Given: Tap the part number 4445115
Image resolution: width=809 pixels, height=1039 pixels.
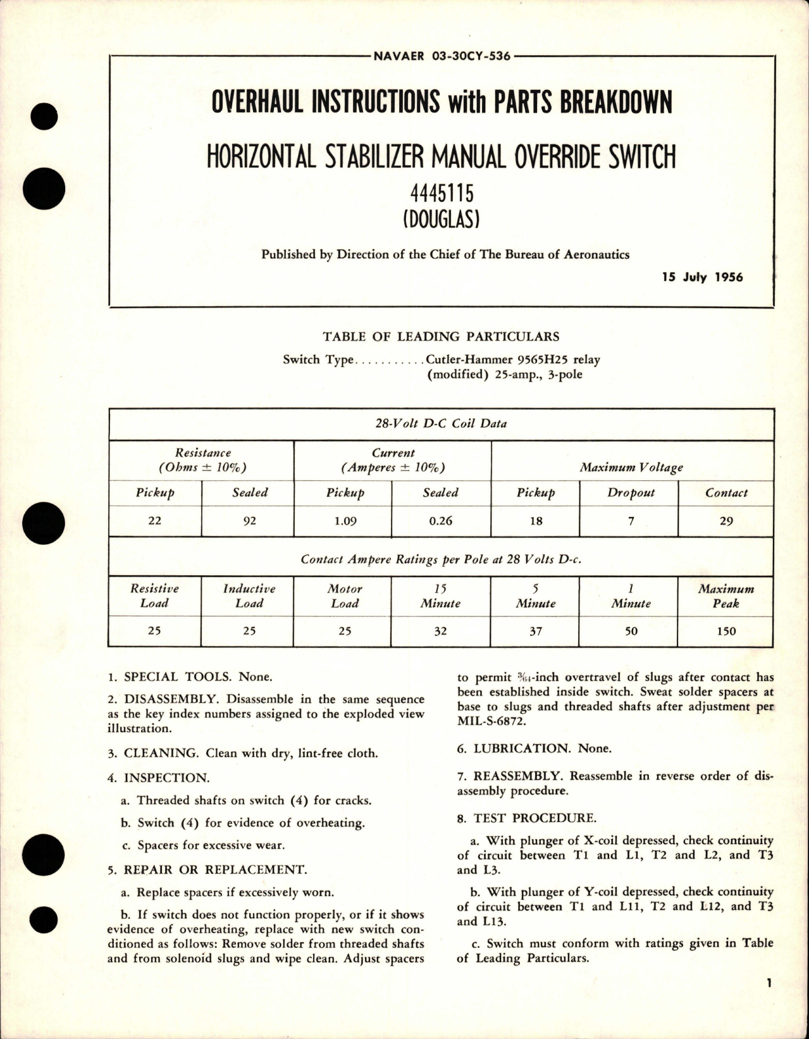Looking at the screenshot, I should click(441, 194).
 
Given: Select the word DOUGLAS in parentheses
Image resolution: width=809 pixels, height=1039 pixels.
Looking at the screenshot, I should click(441, 220).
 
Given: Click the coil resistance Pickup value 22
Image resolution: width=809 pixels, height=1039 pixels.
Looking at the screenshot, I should click(154, 521).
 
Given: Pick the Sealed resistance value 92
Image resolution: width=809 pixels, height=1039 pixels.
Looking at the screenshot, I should click(250, 521).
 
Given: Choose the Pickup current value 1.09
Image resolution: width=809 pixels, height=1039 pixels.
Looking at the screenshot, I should click(345, 521).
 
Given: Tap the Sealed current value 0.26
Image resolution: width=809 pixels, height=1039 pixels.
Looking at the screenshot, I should click(440, 521).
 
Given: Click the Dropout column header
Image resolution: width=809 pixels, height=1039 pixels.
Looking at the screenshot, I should click(631, 492).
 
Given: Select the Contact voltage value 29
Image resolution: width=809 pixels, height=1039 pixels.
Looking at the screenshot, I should click(726, 521).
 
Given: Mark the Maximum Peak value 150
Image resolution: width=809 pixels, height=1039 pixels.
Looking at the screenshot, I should click(726, 631).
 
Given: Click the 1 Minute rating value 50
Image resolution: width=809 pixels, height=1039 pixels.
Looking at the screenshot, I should click(631, 631).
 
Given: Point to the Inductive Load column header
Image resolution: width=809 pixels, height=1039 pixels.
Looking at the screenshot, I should click(249, 595).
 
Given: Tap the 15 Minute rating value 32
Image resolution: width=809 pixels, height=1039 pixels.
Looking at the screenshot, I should click(440, 631).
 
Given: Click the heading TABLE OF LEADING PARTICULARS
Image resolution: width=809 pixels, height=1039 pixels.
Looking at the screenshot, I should click(441, 337).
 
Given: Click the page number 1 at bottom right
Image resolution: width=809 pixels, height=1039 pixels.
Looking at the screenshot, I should click(768, 1000).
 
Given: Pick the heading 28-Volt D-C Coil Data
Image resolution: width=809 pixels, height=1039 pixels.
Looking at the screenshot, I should click(441, 423).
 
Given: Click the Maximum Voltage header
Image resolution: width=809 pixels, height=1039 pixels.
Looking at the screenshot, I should click(631, 468).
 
